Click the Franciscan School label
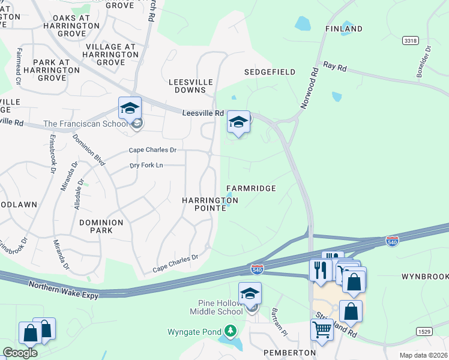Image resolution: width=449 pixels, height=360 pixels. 85,124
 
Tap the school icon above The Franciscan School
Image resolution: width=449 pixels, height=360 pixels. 130,109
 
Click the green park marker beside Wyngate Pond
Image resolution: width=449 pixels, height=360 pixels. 230,331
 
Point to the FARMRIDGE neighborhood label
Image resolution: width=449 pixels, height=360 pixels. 251,188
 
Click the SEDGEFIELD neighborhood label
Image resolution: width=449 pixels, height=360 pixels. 270,72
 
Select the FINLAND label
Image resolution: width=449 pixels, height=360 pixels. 344,29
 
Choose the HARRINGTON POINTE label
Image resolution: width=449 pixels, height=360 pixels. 210,204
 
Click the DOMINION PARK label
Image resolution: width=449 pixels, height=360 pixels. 101,226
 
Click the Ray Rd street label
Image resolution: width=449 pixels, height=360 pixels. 335,67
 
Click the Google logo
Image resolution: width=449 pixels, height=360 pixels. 20,353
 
